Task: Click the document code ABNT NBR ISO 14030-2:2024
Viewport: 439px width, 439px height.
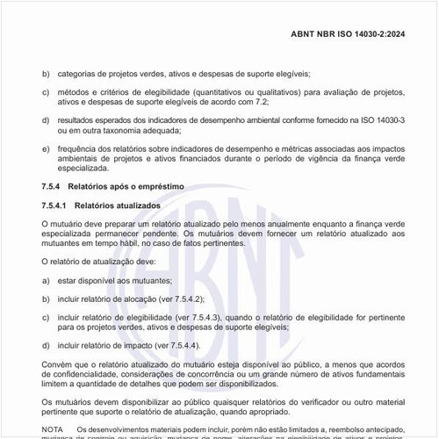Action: (359, 34)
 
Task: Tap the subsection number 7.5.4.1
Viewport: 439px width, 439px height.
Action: (55, 205)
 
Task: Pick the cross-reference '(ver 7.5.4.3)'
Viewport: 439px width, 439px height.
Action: (198, 316)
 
